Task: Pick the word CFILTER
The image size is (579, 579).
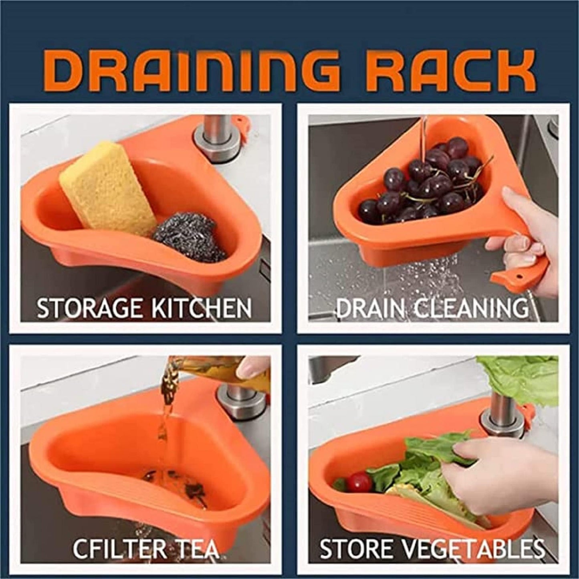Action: coord(117,548)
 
